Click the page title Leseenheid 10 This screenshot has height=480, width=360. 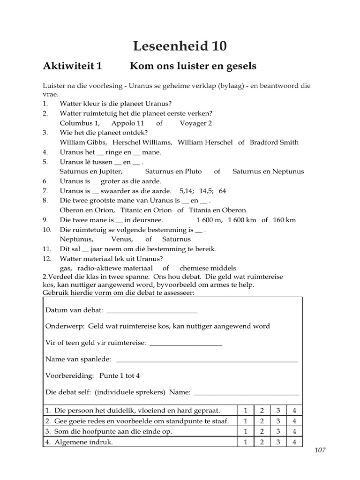(180, 46)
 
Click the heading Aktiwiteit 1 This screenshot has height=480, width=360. (72, 66)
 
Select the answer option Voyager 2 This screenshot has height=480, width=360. (196, 123)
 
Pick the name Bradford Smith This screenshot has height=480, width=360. (274, 142)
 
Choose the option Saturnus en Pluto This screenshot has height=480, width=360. (173, 172)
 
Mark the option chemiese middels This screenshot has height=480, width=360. (207, 268)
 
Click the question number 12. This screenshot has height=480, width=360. (46, 259)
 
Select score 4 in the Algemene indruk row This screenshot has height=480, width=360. (294, 442)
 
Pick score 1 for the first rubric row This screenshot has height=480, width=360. (246, 411)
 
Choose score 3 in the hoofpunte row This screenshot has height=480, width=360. (278, 431)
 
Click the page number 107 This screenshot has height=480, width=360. (320, 450)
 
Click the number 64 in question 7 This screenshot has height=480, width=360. (222, 191)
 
